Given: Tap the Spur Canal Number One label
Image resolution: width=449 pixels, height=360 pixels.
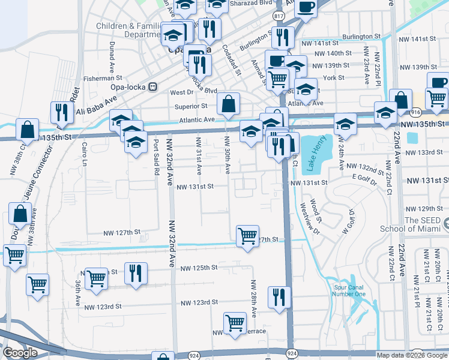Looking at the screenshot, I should pyautogui.click(x=349, y=290).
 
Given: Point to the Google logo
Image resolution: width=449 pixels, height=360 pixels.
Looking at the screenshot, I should pyautogui.click(x=20, y=353).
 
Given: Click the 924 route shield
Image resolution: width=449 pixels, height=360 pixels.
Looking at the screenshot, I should pyautogui.click(x=292, y=354).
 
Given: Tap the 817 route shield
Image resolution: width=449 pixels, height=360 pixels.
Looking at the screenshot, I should pyautogui.click(x=279, y=15).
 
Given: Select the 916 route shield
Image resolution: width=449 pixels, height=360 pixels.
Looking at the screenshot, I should pyautogui.click(x=415, y=112).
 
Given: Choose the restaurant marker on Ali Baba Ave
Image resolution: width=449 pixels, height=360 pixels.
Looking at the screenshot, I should pyautogui.click(x=61, y=112).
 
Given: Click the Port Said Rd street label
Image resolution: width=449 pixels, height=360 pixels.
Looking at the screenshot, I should pyautogui.click(x=157, y=157).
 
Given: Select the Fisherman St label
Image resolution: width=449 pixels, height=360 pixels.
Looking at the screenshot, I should pyautogui.click(x=103, y=78).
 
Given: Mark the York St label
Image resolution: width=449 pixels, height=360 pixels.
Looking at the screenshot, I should pyautogui.click(x=333, y=78).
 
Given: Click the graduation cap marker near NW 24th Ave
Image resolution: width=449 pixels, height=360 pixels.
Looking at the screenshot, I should pyautogui.click(x=345, y=124).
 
